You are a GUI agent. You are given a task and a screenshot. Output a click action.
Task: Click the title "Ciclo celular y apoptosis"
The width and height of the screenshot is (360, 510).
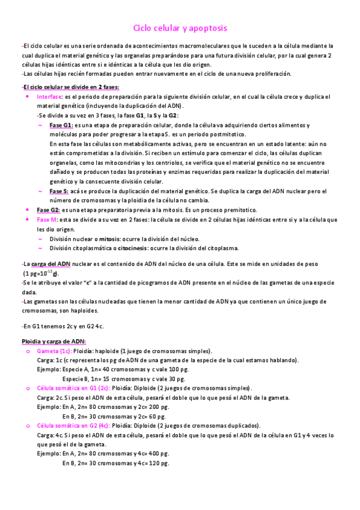pos(180,28)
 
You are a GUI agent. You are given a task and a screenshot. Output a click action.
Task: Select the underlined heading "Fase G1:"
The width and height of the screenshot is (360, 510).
pos(60,125)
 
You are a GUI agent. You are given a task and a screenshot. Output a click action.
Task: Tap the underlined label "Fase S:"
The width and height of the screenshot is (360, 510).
pos(59,191)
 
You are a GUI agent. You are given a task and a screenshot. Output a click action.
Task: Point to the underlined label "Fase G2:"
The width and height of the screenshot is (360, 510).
pos(49,210)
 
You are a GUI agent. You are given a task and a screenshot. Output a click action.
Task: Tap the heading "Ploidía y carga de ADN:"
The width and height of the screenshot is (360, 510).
pos(53,342)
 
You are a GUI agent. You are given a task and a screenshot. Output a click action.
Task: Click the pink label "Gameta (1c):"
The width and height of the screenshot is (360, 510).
pos(54,351)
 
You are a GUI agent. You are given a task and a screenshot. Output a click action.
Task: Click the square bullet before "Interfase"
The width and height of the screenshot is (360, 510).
pos(28,97)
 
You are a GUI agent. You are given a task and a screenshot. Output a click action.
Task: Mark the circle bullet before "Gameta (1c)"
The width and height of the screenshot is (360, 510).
pos(28,351)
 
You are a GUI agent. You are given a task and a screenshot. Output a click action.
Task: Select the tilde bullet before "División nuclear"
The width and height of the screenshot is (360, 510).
pos(40,238)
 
